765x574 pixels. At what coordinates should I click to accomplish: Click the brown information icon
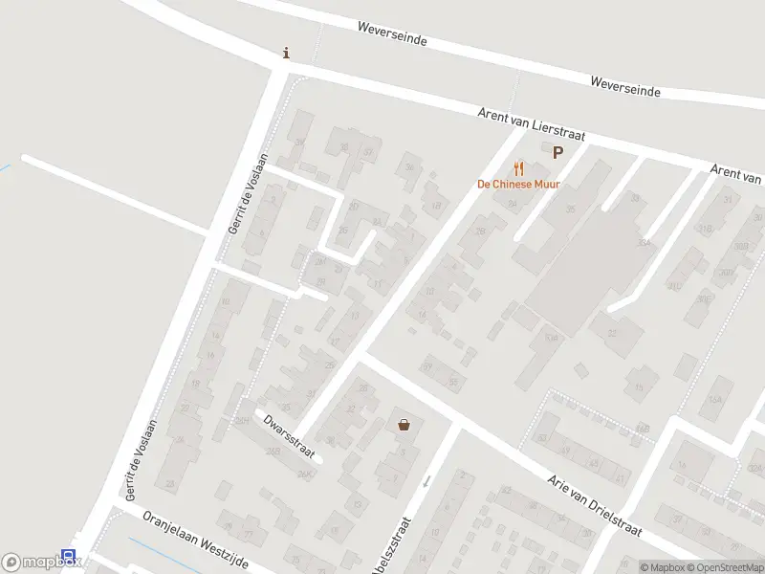point(286,54)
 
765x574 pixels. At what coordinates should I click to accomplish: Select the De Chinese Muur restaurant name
point(519,184)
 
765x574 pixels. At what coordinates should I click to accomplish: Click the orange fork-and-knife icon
point(519,168)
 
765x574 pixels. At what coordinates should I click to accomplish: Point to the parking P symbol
point(557,151)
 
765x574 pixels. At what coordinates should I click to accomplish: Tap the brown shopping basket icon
point(404,425)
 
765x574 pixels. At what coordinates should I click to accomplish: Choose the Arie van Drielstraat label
point(594,503)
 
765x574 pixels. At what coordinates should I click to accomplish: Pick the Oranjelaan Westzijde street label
point(195,541)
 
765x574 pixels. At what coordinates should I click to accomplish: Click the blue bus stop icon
point(68,556)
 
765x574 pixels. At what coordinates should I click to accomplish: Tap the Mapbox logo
point(42,563)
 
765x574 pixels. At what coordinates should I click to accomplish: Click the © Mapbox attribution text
point(664,568)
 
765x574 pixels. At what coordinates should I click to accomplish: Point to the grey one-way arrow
point(427,480)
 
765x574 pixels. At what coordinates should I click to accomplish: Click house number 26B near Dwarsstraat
point(273,452)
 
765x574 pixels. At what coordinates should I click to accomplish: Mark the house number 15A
point(713,399)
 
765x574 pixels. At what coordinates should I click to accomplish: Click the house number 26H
point(243,420)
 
